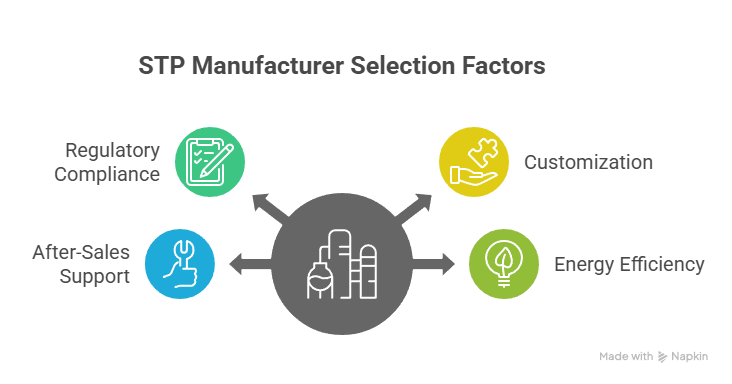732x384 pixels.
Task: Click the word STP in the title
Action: [159, 67]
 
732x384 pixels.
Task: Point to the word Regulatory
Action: [112, 151]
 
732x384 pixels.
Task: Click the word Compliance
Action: [107, 174]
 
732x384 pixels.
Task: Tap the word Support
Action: [93, 276]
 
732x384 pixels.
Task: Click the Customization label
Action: [589, 162]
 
